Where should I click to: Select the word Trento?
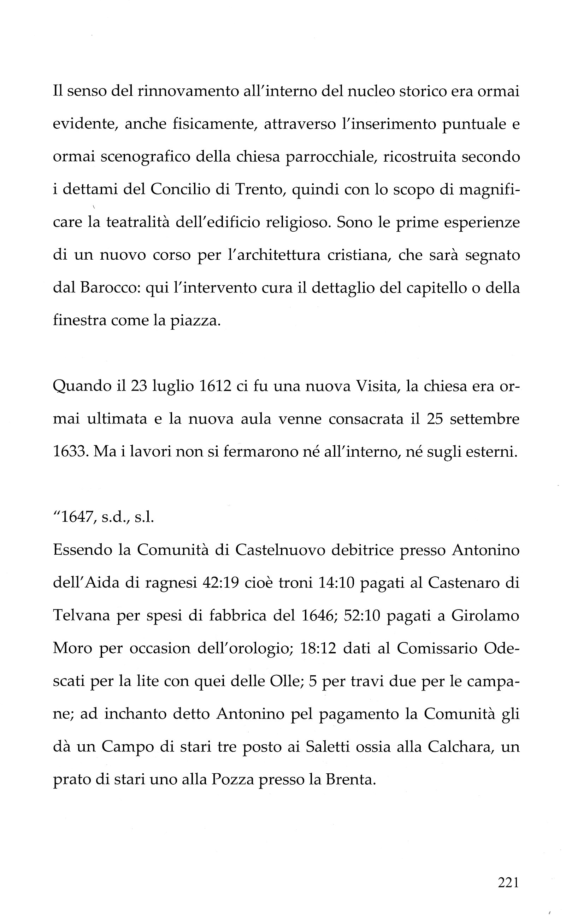(258, 190)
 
